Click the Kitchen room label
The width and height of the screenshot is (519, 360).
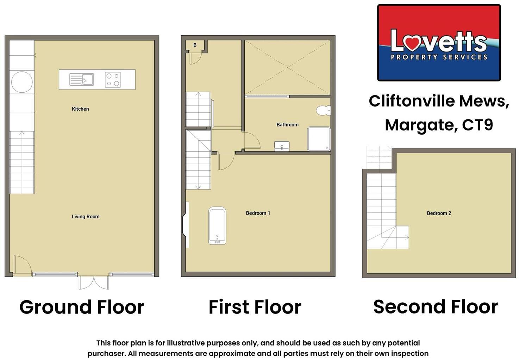click(80, 109)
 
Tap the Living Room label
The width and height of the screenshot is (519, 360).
click(86, 217)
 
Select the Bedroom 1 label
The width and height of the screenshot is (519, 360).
click(258, 213)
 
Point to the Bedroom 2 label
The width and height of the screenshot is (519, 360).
click(439, 213)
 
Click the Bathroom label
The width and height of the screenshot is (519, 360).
click(287, 125)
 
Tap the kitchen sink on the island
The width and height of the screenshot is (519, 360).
click(82, 79)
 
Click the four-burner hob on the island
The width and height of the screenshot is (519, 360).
click(113, 80)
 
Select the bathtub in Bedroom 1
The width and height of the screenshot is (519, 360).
click(217, 225)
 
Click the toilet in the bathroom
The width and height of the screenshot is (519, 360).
click(323, 110)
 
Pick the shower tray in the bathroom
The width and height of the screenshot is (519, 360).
click(319, 139)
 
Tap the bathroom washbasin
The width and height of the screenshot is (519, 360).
click(282, 146)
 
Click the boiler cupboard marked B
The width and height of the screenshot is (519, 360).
click(195, 45)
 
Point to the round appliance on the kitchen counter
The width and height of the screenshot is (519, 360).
click(22, 82)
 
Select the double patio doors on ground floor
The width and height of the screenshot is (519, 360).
click(94, 282)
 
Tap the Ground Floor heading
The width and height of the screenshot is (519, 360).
click(82, 307)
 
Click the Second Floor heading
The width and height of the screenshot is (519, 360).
click(436, 306)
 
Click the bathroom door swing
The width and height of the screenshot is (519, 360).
click(251, 141)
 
